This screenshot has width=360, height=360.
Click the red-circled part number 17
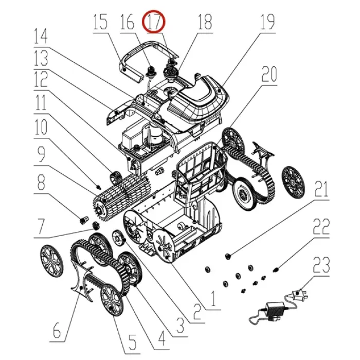(154, 22)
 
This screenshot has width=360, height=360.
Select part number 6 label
(57, 330)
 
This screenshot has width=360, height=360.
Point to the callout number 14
(41, 36)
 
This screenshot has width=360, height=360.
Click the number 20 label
(269, 74)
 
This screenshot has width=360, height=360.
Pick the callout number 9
(41, 154)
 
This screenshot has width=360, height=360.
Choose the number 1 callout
(213, 298)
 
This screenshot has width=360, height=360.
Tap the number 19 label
(268, 22)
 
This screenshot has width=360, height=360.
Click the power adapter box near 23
(275, 309)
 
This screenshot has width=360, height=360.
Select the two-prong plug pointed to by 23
(299, 294)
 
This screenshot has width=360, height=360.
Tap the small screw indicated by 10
(99, 187)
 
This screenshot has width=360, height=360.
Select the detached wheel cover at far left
(51, 261)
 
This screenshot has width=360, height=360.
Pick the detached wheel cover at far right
(293, 182)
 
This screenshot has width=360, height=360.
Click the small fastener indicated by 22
(276, 269)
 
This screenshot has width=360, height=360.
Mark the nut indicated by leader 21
(228, 256)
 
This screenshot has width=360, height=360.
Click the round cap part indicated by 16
(152, 70)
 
